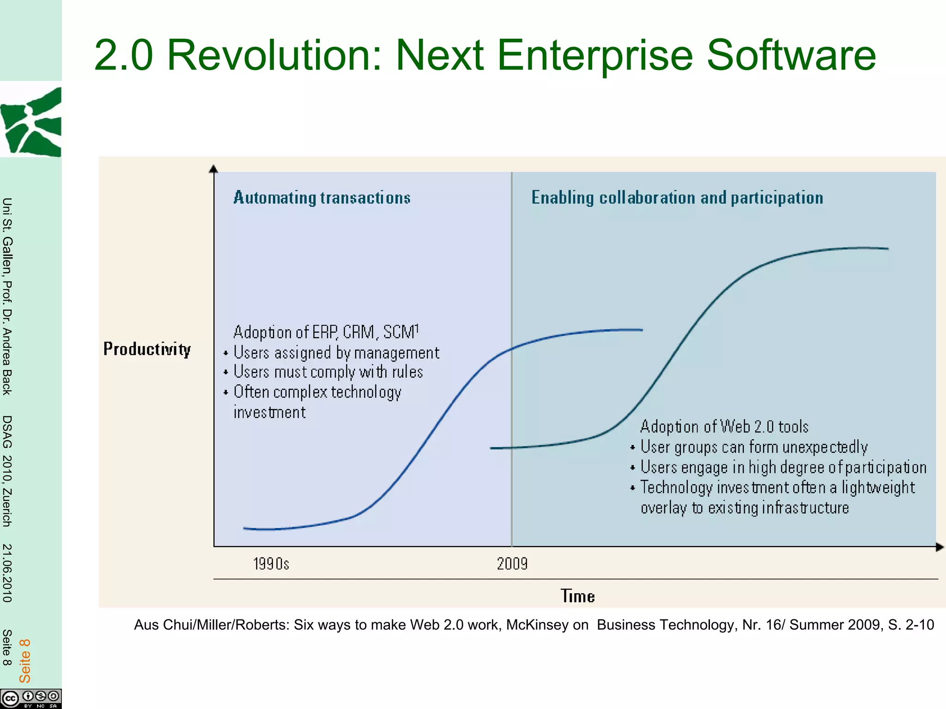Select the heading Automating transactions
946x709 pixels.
tap(322, 198)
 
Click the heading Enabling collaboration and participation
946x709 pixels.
tap(677, 198)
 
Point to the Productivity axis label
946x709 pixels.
tap(147, 349)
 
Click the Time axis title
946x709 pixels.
tap(577, 596)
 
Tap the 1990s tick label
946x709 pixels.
tap(271, 564)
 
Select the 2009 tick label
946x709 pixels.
tap(512, 564)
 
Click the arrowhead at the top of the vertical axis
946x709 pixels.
tap(213, 169)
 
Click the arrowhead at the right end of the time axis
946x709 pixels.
tap(940, 547)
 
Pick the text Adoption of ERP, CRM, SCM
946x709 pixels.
tap(326, 332)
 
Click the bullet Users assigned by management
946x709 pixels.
tap(336, 353)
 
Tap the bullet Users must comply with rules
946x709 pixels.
tap(328, 372)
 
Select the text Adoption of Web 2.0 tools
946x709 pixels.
tap(724, 427)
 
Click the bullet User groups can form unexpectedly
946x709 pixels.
tap(753, 447)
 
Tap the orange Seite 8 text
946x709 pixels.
tap(24, 661)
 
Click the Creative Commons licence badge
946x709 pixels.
tap(31, 698)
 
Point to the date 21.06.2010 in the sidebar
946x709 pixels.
tap(7, 573)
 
